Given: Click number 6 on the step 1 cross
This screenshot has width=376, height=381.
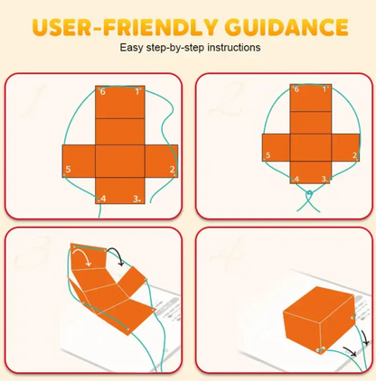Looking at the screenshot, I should tap(103, 91).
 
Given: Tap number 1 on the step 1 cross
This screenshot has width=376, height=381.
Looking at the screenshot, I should tap(137, 91).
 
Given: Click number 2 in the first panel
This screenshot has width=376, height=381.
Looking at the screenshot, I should tap(172, 169).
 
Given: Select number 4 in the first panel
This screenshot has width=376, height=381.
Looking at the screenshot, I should tap(102, 199).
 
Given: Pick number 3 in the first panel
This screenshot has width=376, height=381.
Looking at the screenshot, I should tap(136, 199).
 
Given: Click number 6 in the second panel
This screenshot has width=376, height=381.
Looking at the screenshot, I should tap(296, 89).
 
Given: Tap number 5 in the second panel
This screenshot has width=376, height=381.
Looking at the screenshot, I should tap(268, 156).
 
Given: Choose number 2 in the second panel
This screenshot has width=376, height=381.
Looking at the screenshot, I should tap(354, 155).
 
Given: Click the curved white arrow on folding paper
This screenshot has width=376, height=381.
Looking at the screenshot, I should tap(80, 259).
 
